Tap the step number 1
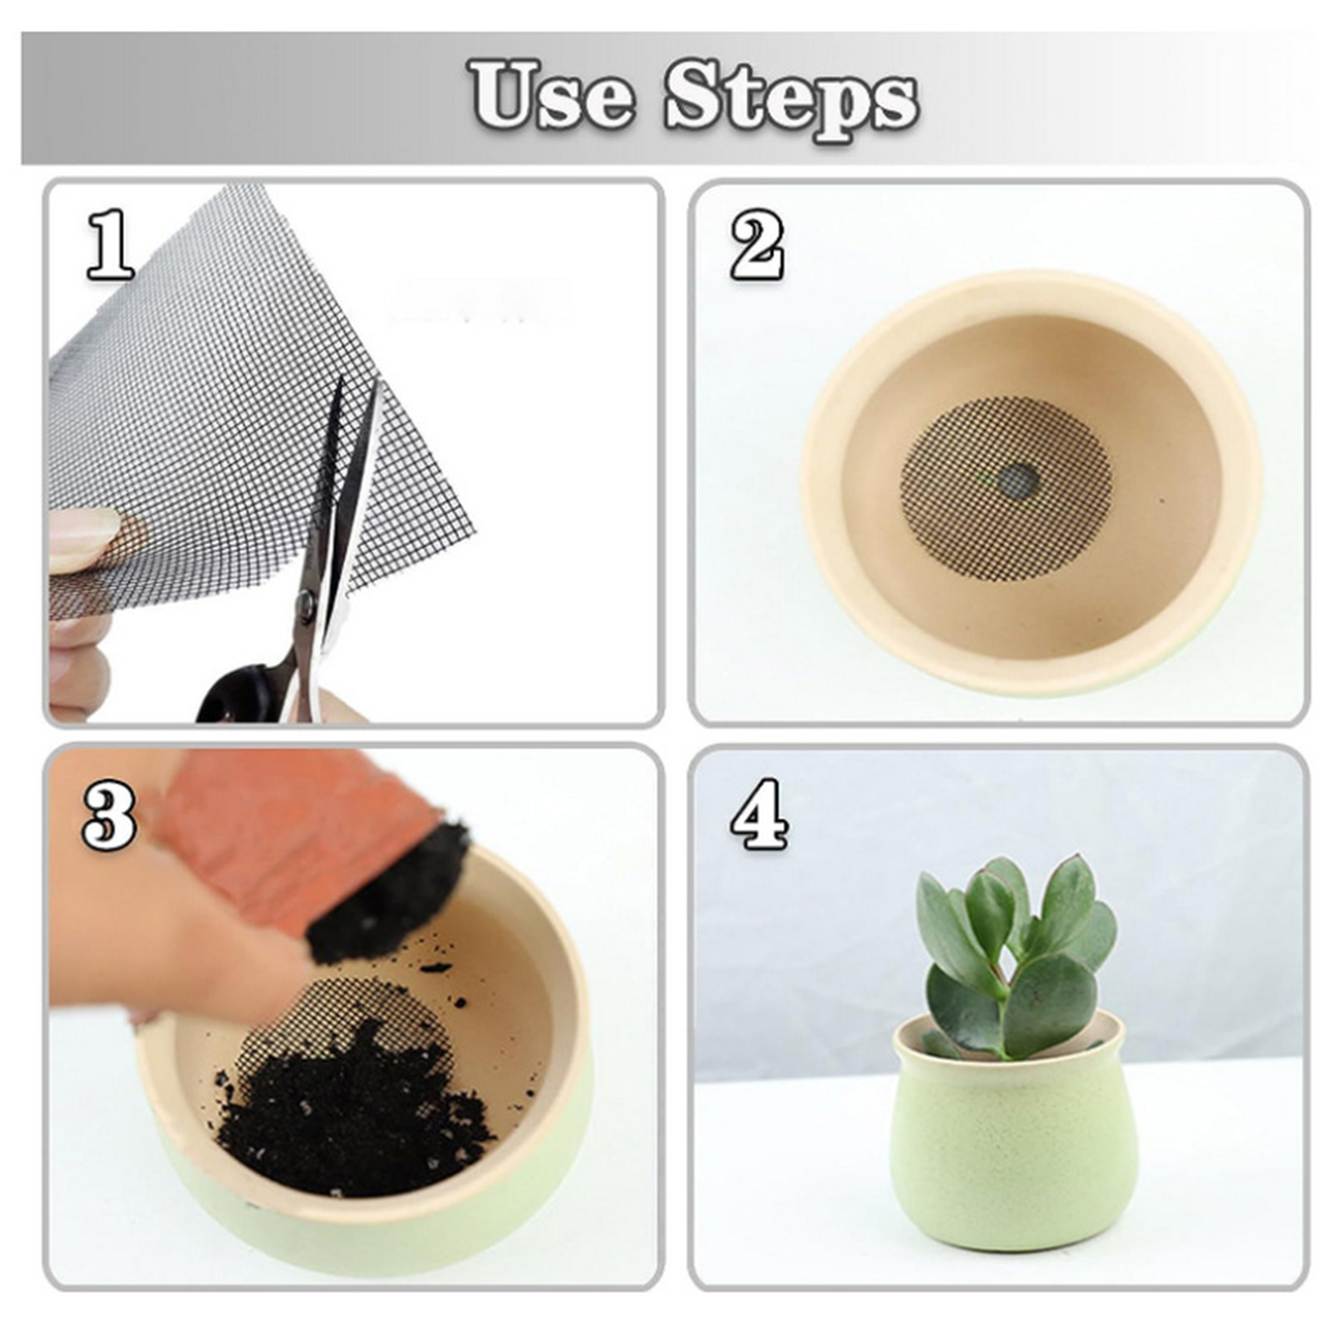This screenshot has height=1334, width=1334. [x=111, y=244]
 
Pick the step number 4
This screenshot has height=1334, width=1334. [x=759, y=814]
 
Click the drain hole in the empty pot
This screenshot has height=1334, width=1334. [x=1019, y=479]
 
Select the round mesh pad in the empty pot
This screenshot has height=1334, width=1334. [x=1007, y=490]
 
